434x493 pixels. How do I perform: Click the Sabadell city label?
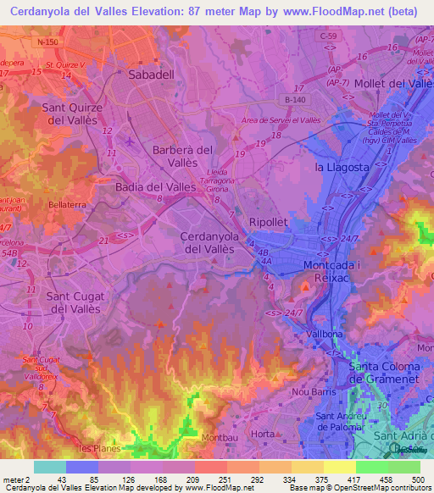point(153,75)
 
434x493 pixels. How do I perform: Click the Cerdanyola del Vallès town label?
point(214,242)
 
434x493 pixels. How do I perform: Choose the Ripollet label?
point(270,222)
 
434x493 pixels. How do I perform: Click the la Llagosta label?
point(342,167)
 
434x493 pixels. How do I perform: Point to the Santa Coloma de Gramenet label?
point(392,372)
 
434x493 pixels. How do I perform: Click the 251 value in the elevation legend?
point(211,480)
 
